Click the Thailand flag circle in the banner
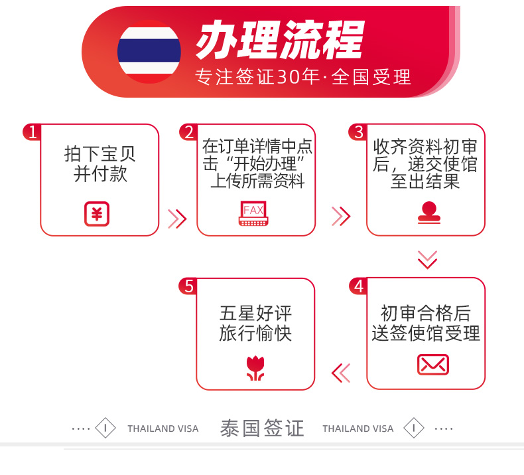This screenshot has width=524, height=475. [149, 52]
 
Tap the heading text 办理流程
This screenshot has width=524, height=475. [280, 39]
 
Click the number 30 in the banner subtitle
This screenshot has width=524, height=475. [289, 76]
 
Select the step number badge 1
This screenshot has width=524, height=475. [32, 132]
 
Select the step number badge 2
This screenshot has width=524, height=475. [189, 132]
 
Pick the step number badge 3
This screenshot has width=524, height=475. [358, 132]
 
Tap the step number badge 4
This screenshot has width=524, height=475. [359, 286]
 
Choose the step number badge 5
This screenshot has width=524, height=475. [189, 286]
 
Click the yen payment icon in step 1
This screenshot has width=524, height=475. [97, 214]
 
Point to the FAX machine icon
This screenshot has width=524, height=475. [253, 213]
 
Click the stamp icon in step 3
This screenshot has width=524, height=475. [429, 213]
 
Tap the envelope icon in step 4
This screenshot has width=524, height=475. [433, 365]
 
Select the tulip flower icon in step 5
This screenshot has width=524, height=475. [255, 369]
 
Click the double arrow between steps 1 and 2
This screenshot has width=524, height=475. [177, 219]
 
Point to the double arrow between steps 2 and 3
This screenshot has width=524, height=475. [341, 216]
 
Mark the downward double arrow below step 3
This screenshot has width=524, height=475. [427, 260]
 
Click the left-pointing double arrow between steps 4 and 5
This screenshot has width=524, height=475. [341, 373]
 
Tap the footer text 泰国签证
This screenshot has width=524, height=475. [262, 428]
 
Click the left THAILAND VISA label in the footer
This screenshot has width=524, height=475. [163, 428]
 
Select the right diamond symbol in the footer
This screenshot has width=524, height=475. [414, 428]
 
